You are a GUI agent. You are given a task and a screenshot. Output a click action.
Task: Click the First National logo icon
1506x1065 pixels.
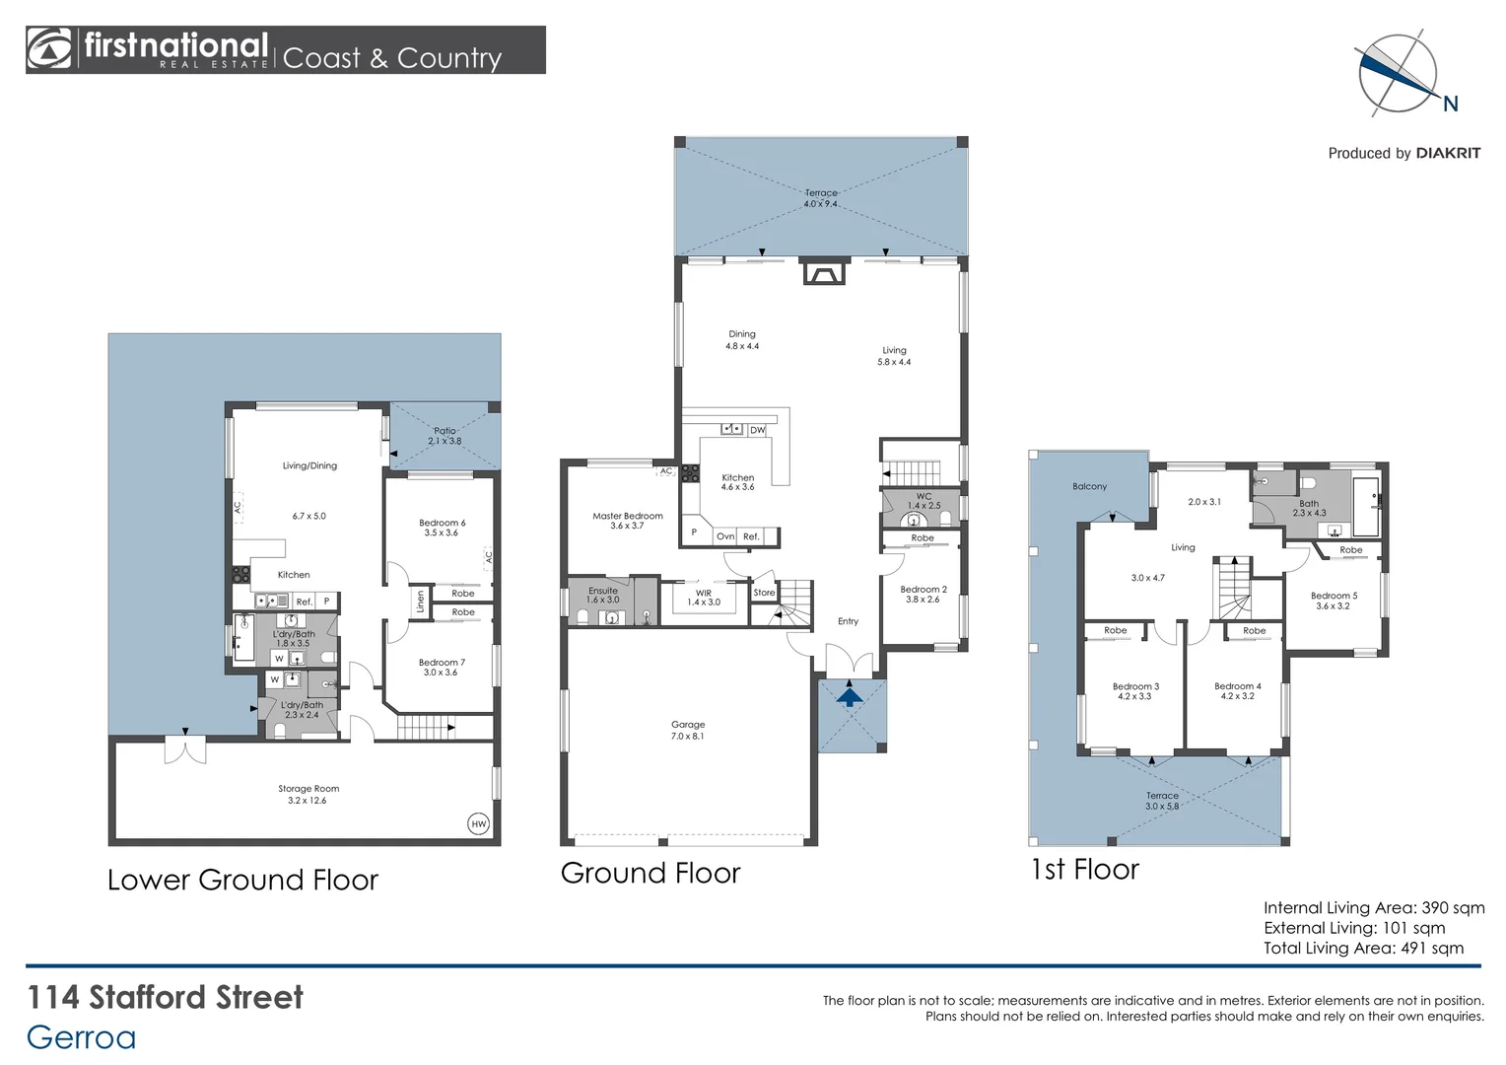coord(50,49)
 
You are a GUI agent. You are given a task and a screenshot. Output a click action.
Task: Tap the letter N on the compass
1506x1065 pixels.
coord(1450,104)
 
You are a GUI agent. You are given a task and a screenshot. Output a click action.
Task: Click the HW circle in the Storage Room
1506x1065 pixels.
coord(478,823)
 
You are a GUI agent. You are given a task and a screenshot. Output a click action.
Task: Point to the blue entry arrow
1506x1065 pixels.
coord(850,696)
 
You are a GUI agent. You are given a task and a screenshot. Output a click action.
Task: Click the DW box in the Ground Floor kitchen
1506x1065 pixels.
coord(757,430)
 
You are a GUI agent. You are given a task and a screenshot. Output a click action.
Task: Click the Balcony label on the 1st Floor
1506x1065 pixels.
coord(1089,486)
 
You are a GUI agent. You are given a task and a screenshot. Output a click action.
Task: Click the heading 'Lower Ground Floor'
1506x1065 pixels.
coord(242,880)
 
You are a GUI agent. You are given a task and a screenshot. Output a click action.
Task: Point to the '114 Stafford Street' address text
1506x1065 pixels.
coord(165,997)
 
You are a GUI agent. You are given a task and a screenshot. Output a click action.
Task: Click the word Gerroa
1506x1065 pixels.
coord(81,1037)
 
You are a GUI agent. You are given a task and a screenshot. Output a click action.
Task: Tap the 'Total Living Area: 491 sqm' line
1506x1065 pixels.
coord(1363,949)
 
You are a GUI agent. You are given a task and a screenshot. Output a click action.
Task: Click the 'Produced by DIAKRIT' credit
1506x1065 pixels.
coord(1403,153)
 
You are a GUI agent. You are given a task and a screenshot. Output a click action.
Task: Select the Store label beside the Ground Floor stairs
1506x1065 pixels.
coord(764,593)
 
